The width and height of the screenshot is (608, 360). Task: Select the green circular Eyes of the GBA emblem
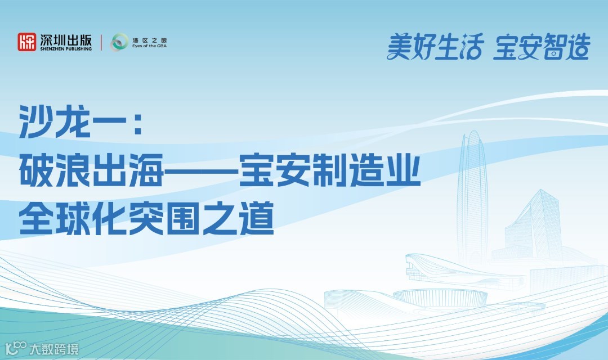click(119, 42)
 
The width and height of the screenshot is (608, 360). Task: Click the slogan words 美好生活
click(435, 47)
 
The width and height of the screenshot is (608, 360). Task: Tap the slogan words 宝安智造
click(541, 47)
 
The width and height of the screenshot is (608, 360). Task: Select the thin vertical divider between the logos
click(101, 43)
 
